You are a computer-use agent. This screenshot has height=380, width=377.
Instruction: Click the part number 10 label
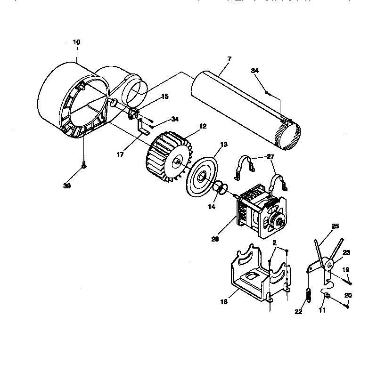76,42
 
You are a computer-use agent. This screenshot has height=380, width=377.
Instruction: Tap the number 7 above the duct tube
229,59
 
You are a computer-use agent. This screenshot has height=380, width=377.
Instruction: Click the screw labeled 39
84,166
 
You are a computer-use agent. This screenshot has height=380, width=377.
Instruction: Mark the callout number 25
335,226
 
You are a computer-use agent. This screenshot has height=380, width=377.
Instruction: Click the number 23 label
346,252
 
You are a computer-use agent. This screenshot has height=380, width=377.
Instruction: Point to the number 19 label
345,270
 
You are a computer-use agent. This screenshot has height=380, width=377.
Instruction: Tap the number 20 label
348,295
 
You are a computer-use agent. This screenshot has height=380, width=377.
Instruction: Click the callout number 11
322,311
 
